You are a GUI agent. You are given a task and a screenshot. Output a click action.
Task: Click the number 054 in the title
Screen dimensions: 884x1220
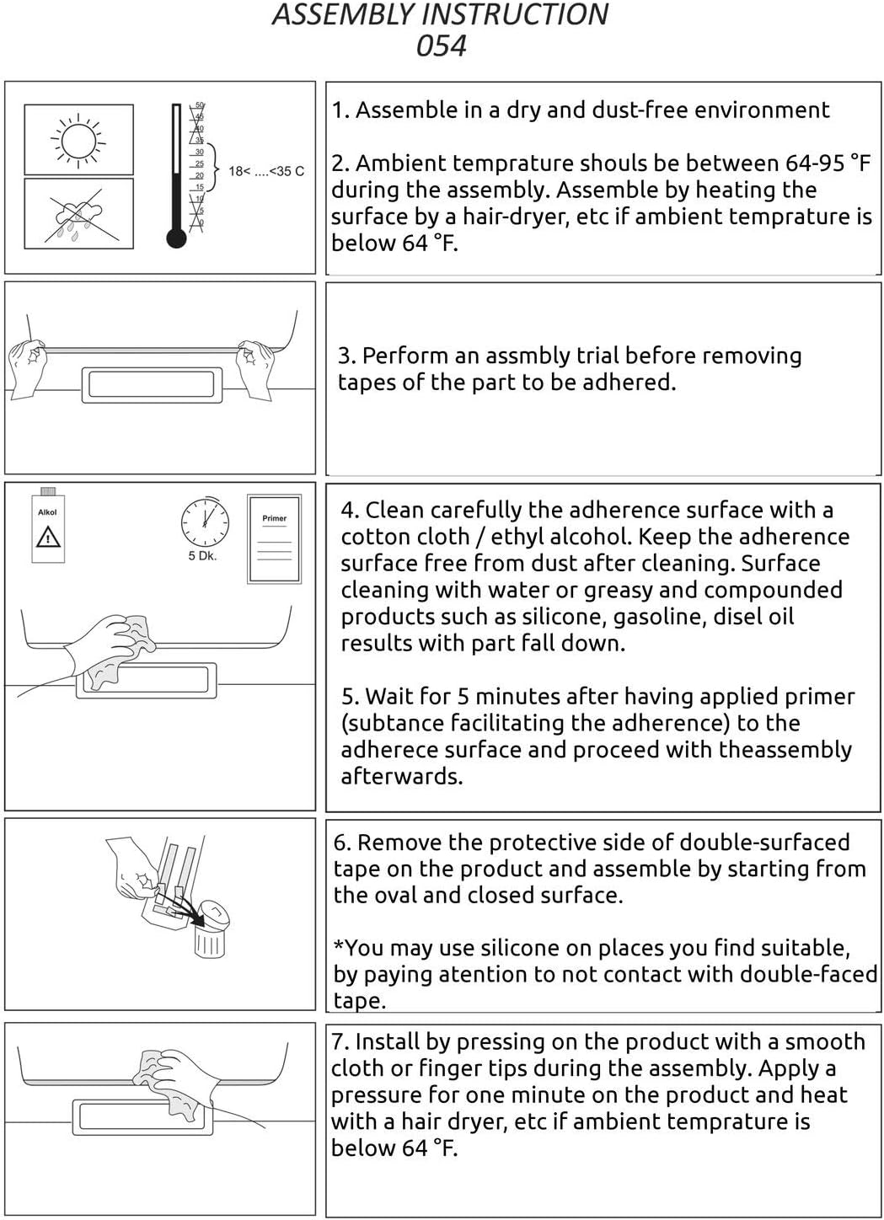[442, 45]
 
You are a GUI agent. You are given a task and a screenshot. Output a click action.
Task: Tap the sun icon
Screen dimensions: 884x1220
[78, 140]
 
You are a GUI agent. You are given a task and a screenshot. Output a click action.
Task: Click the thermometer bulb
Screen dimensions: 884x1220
[176, 238]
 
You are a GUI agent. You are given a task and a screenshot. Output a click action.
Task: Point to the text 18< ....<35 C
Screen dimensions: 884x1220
[266, 172]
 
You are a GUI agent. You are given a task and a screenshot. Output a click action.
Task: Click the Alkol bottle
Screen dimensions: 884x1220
[48, 525]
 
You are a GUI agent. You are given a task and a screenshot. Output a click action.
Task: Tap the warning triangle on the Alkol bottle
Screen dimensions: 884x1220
[48, 537]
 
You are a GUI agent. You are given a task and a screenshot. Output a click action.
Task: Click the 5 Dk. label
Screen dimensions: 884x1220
[202, 556]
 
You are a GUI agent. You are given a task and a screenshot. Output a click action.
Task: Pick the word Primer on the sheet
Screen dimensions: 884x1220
[275, 518]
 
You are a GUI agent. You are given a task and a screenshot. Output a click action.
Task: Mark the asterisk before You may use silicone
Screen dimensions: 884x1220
[338, 946]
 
